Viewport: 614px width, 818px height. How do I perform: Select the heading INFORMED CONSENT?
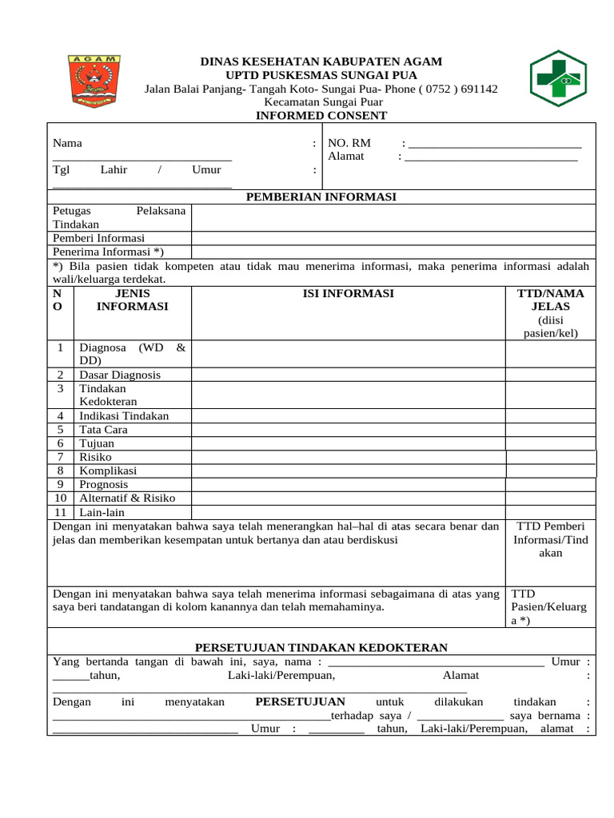pyautogui.click(x=321, y=116)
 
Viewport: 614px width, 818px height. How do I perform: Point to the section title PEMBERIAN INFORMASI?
pyautogui.click(x=321, y=197)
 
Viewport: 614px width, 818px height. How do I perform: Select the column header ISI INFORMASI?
pyautogui.click(x=348, y=294)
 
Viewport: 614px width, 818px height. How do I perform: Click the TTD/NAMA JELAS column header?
pyautogui.click(x=550, y=300)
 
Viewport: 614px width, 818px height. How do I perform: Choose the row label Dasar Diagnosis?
pyautogui.click(x=119, y=375)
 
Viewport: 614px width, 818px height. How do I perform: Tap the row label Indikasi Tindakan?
pyautogui.click(x=124, y=416)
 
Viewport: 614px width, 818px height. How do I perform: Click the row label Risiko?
pyautogui.click(x=95, y=457)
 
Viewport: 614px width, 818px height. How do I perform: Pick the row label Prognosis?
pyautogui.click(x=103, y=484)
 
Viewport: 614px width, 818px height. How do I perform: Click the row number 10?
pyautogui.click(x=60, y=498)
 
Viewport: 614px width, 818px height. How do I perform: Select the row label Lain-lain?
pyautogui.click(x=102, y=512)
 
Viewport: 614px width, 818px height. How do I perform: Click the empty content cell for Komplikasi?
pyautogui.click(x=348, y=471)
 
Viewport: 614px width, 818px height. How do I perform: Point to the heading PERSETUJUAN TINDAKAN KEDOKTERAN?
pyautogui.click(x=321, y=647)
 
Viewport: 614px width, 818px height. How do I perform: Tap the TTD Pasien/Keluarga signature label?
pyautogui.click(x=548, y=607)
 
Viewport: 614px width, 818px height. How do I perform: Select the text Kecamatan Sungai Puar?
pyautogui.click(x=323, y=102)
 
